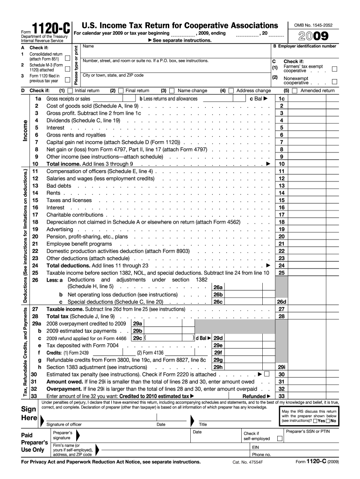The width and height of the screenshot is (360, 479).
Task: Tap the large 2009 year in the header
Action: [311, 36]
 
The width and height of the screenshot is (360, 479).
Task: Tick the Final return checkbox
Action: [121, 91]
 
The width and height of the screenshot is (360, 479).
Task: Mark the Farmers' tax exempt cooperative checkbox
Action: [334, 69]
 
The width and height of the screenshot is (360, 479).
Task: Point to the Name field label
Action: [88, 46]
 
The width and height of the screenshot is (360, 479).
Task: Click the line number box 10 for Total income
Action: [281, 164]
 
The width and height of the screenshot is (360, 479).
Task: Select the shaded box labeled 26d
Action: [281, 302]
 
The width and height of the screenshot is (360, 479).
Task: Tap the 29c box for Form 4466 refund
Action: [137, 338]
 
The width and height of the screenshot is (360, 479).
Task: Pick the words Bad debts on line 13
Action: [59, 186]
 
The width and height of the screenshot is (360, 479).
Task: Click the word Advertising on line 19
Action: [59, 229]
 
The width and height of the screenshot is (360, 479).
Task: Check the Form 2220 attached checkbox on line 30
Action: [266, 374]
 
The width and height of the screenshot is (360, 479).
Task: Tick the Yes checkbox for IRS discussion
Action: [315, 421]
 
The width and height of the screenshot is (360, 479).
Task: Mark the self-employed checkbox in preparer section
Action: [280, 439]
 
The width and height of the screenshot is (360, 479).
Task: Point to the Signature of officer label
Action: [64, 425]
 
